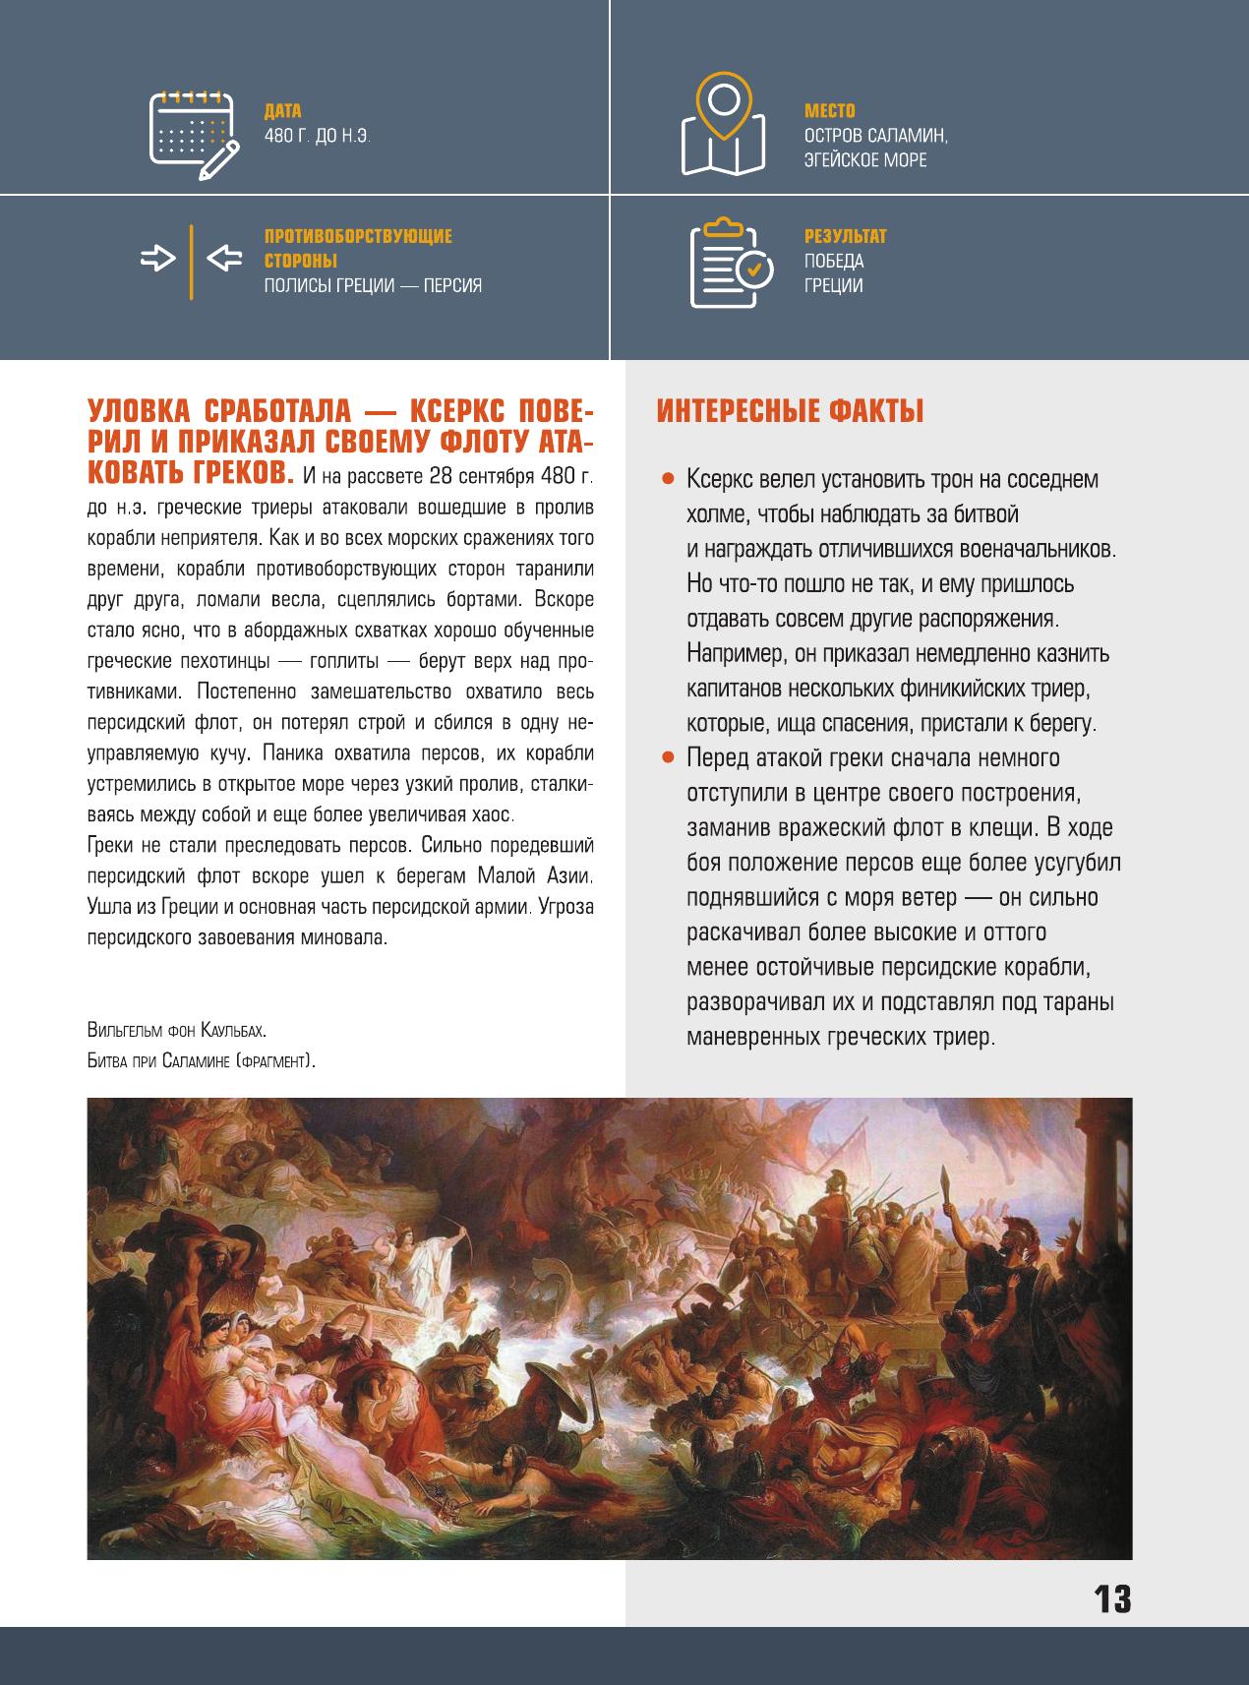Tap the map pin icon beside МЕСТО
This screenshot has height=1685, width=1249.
(x=724, y=125)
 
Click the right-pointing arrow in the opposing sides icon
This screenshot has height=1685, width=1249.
(x=157, y=259)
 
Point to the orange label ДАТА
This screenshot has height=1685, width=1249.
(x=282, y=111)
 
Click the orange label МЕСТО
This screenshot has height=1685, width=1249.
(x=829, y=111)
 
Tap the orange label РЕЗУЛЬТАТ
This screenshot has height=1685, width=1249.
(x=845, y=236)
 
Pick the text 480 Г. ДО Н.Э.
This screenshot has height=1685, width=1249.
(x=317, y=136)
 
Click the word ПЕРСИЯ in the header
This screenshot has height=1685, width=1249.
(x=452, y=285)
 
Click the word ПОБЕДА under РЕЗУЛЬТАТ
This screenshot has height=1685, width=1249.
(x=833, y=261)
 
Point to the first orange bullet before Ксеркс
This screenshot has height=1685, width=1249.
(x=668, y=479)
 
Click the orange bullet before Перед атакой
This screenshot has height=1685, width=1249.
(x=668, y=757)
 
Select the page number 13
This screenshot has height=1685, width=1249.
(x=1112, y=1600)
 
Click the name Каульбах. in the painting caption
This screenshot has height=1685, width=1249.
(x=233, y=1031)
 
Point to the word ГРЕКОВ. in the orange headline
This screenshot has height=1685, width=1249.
(x=242, y=473)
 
